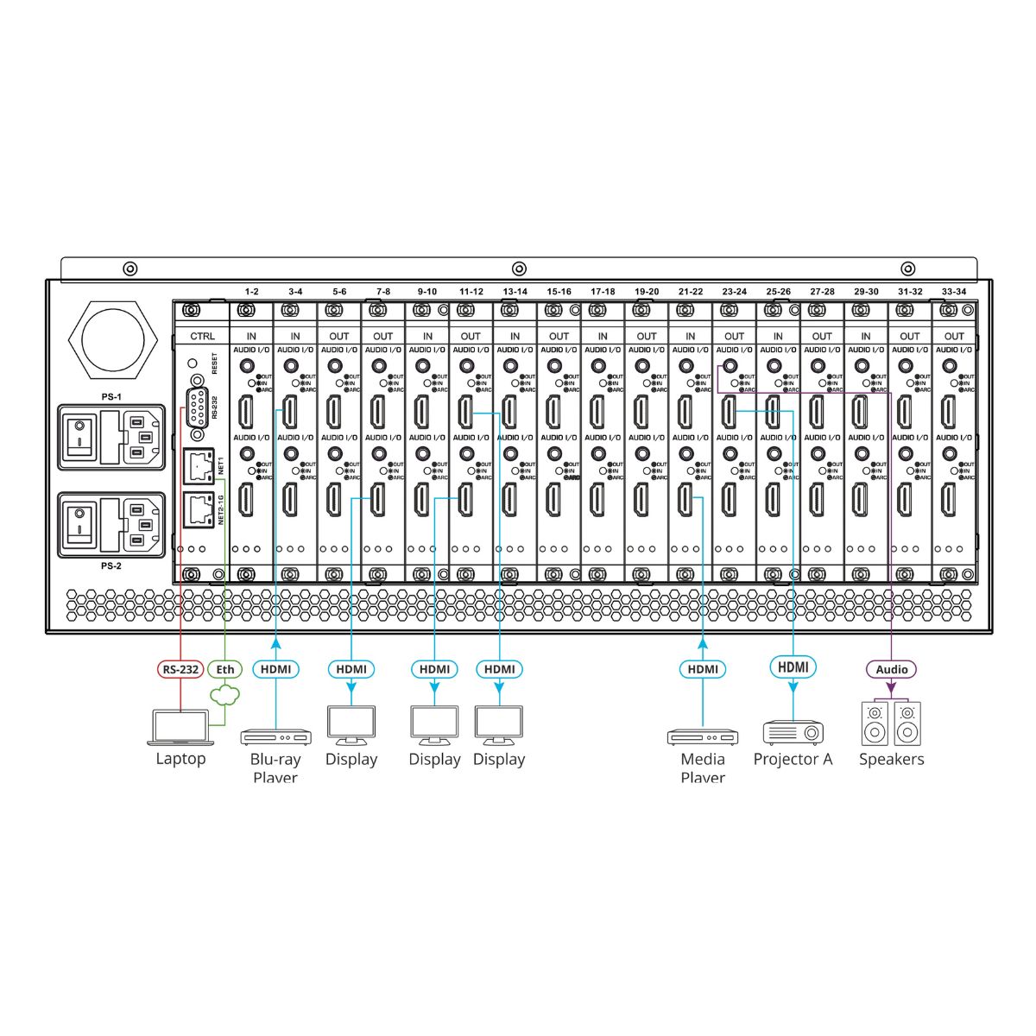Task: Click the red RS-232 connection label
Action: click(x=180, y=669)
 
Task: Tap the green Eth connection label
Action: click(x=224, y=669)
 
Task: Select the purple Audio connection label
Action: click(x=892, y=669)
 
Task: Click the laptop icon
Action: click(x=180, y=727)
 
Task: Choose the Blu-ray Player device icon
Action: click(x=275, y=737)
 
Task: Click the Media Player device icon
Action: click(x=703, y=737)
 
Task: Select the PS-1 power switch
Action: click(x=81, y=436)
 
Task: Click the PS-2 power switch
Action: click(x=81, y=523)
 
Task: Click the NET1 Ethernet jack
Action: click(x=199, y=467)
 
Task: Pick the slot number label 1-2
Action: click(x=251, y=292)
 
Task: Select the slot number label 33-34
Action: click(x=954, y=292)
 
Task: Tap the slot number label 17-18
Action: click(x=603, y=292)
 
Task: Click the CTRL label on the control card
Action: click(x=202, y=337)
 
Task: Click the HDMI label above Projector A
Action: click(x=793, y=666)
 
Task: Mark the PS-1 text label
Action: click(x=111, y=396)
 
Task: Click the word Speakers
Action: click(x=891, y=760)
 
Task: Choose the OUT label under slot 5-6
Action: click(x=339, y=337)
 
